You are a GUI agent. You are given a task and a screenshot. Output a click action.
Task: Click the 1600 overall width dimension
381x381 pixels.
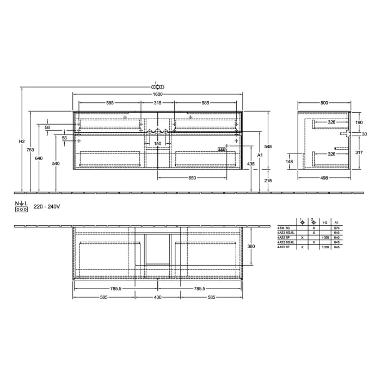coord(157,94)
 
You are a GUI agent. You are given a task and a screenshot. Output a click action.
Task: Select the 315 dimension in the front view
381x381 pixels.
coord(157,102)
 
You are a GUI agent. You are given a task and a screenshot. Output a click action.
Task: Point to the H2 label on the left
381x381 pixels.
coord(22,142)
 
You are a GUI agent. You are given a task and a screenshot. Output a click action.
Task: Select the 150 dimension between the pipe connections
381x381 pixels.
coord(157,144)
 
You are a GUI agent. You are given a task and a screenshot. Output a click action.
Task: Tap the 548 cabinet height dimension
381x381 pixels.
coord(268,147)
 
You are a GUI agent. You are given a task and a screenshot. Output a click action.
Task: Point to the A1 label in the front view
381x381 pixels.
coord(260,156)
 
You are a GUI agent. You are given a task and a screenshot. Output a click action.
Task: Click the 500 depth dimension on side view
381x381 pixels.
coord(324,102)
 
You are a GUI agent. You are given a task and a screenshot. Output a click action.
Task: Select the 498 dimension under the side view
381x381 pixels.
coord(324,177)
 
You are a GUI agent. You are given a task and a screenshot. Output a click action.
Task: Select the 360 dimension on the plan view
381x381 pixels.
coord(252,246)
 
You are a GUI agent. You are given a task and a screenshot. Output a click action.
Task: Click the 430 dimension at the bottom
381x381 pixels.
coord(157,297)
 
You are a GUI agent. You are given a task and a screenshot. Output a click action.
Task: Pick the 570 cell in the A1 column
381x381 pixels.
coord(336,228)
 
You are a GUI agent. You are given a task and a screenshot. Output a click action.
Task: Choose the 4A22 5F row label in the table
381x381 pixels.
coord(284,238)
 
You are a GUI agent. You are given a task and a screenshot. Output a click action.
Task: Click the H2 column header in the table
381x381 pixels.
coord(325,223)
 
